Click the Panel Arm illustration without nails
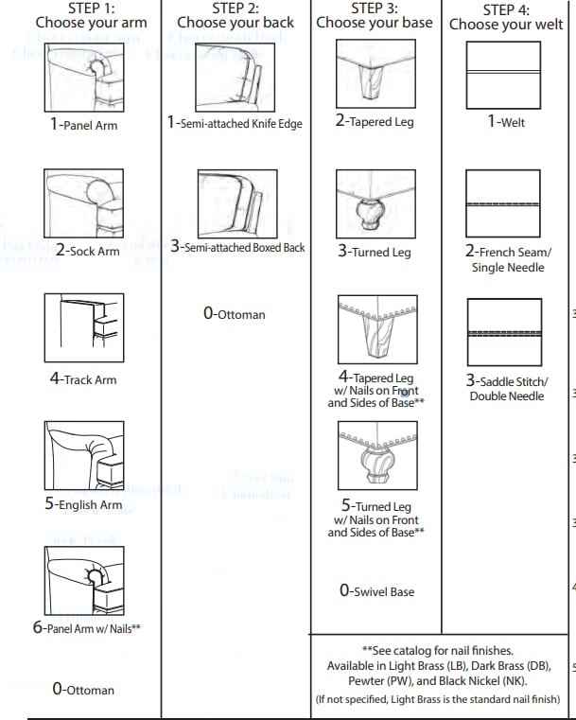point(84,78)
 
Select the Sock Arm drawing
point(83,203)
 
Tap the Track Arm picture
point(84,328)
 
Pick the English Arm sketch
point(84,455)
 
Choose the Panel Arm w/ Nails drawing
point(84,581)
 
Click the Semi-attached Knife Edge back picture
point(235,78)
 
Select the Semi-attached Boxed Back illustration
point(237,203)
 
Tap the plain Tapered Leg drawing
point(375,74)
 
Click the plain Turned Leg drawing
point(375,203)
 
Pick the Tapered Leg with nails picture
point(377,329)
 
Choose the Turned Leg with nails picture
point(377,455)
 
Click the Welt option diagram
point(503,76)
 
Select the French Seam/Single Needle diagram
point(503,203)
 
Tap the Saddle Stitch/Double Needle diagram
point(504,332)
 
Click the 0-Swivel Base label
point(376,590)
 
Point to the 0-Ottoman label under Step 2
point(234,313)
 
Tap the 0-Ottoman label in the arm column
point(83,689)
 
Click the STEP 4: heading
point(506,9)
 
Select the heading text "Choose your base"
point(374,23)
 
